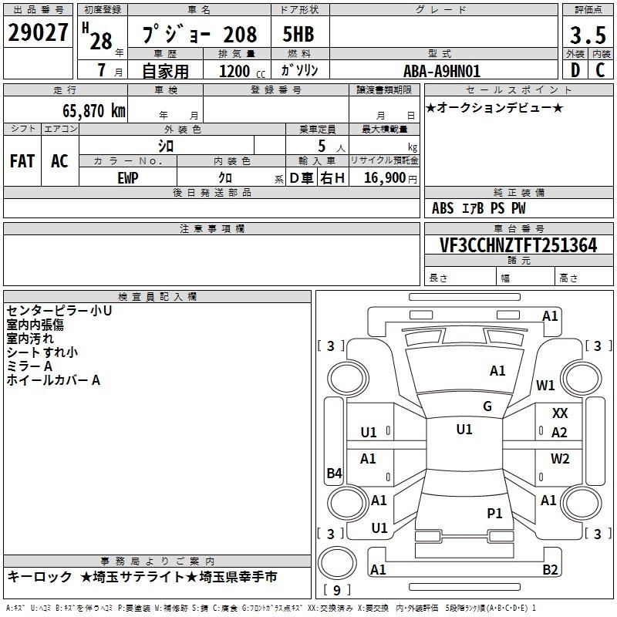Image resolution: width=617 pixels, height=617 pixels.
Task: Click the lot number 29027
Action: (x=38, y=32)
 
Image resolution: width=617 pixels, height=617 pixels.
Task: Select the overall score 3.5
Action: (x=588, y=35)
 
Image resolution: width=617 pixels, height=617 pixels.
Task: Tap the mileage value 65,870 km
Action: (x=94, y=111)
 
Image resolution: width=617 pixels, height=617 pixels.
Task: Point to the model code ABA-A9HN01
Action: (x=442, y=71)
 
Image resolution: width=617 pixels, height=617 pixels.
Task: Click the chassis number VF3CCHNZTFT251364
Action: (x=518, y=245)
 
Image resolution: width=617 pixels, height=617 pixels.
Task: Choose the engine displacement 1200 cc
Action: (x=242, y=71)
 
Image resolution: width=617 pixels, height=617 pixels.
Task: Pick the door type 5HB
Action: (x=298, y=34)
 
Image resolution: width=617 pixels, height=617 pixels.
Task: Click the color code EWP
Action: (x=128, y=178)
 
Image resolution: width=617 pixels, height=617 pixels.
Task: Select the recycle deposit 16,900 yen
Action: (x=390, y=178)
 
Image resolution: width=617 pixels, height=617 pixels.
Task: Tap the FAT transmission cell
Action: (x=22, y=161)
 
